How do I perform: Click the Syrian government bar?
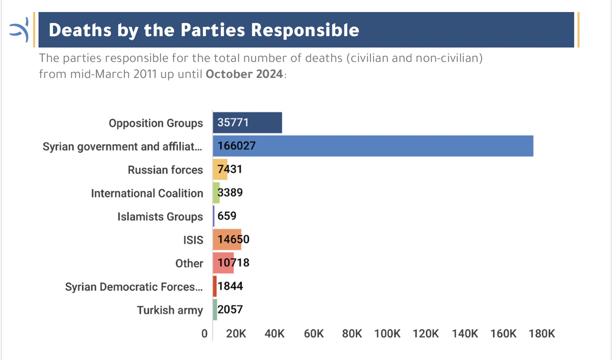[x=373, y=146]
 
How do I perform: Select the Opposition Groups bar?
[x=247, y=122]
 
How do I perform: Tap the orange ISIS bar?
[x=227, y=240]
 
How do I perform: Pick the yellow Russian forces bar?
[x=220, y=169]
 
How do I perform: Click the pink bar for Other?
[x=223, y=263]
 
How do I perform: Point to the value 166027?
[x=237, y=146]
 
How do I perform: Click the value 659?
[x=227, y=216]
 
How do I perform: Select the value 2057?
[x=230, y=309]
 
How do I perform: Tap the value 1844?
[x=230, y=286]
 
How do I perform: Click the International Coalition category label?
[x=147, y=193]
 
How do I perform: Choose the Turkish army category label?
[x=170, y=310]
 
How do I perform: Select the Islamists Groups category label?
[x=160, y=217]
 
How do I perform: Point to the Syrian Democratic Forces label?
[x=134, y=287]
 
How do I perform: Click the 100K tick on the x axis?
[x=387, y=334]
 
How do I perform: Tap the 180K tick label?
[x=542, y=334]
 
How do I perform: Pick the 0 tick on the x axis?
[x=205, y=334]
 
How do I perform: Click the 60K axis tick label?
[x=314, y=334]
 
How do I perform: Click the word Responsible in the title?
[x=305, y=30]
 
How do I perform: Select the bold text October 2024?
[x=244, y=74]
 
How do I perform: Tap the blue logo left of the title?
[x=19, y=30]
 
